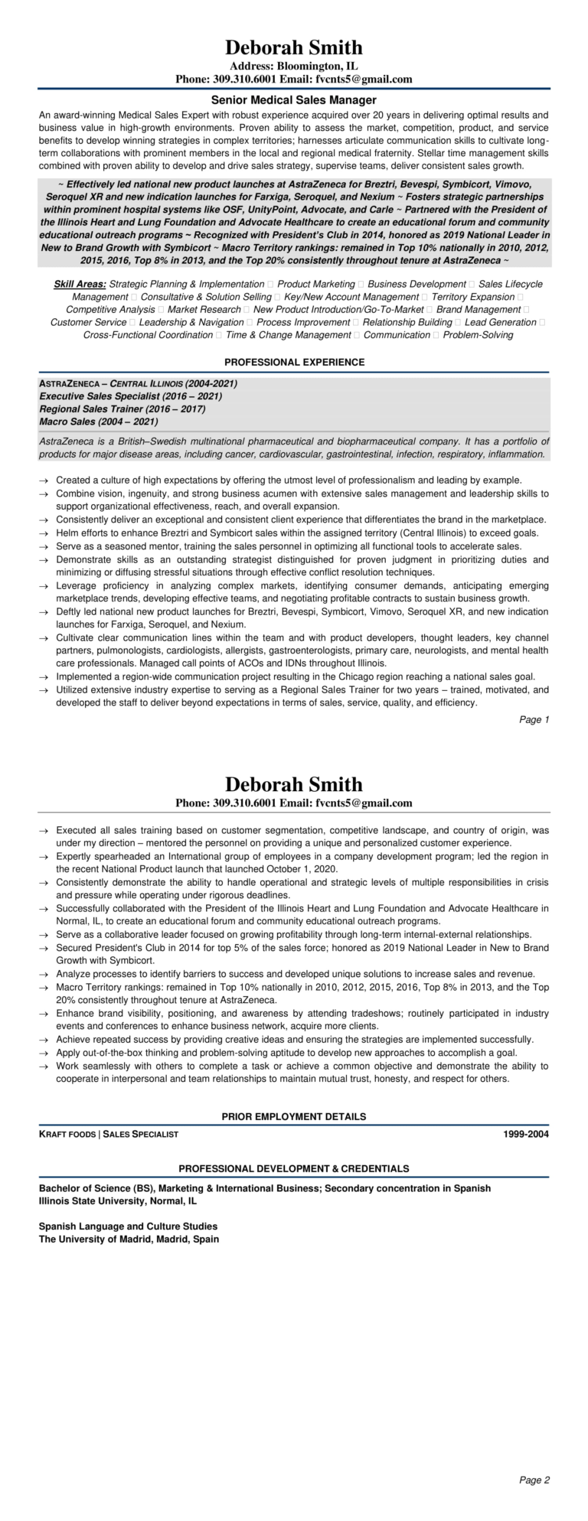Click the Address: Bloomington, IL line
pyautogui.click(x=294, y=67)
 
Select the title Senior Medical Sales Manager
pyautogui.click(x=294, y=99)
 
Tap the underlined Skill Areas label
pyautogui.click(x=80, y=284)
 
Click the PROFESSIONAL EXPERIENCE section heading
pyautogui.click(x=294, y=362)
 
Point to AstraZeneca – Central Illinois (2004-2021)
pyautogui.click(x=138, y=383)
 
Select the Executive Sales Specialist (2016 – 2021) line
pyautogui.click(x=131, y=396)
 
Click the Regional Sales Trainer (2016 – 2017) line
pyautogui.click(x=122, y=409)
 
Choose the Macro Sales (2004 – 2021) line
pyautogui.click(x=99, y=422)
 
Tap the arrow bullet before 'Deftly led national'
pyautogui.click(x=44, y=612)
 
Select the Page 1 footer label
pyautogui.click(x=534, y=720)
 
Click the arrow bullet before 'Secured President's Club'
pyautogui.click(x=44, y=947)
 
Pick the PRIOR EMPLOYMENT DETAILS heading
pyautogui.click(x=294, y=1116)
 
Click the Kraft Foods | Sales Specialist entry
pyautogui.click(x=109, y=1134)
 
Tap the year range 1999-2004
pyautogui.click(x=526, y=1134)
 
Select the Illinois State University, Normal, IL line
pyautogui.click(x=118, y=1201)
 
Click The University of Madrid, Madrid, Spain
pyautogui.click(x=129, y=1239)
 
